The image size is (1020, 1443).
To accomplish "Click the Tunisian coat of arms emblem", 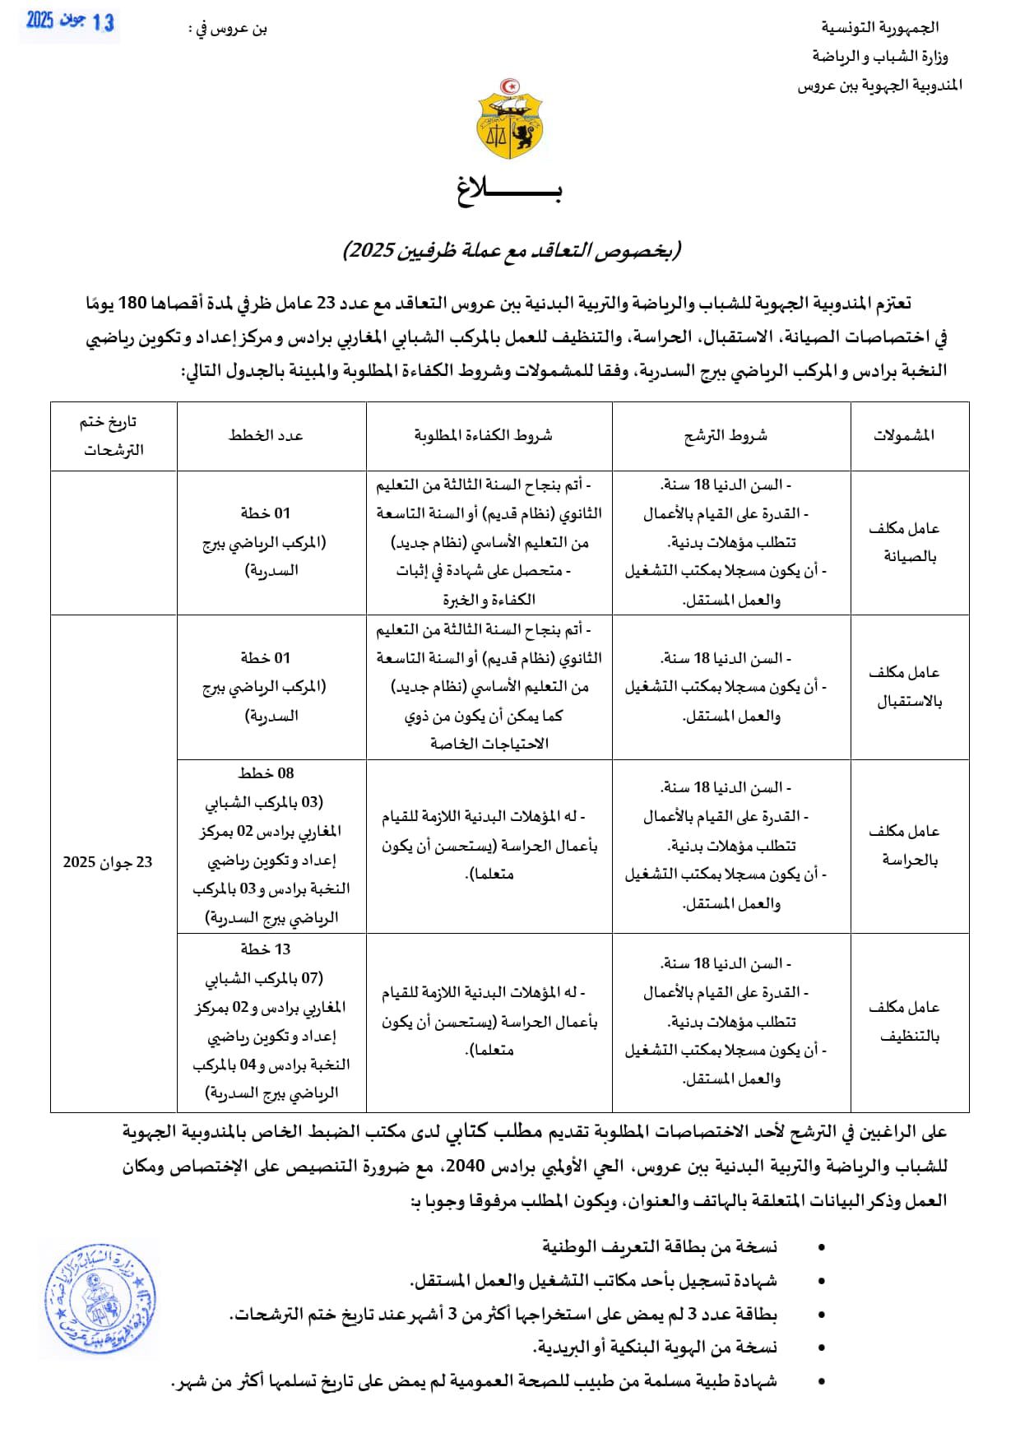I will pos(510,119).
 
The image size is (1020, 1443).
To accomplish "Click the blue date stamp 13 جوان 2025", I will pos(70,21).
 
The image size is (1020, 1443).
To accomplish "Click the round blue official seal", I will pos(100,1301).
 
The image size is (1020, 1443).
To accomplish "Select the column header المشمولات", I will pos(904,435).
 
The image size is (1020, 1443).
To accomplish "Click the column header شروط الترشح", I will pos(726,435).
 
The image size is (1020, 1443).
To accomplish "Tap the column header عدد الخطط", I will pos(266,435).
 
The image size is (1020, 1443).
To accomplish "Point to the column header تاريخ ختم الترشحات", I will pos(111,435).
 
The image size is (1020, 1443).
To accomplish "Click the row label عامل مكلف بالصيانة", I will pos(904,542).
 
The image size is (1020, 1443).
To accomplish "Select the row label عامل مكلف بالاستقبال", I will pos(904,687).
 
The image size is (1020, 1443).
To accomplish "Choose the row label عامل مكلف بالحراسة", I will pos(904,845).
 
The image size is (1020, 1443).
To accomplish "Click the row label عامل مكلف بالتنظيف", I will pos(904,1021).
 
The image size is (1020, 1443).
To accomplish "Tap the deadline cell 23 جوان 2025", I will pos(108,862).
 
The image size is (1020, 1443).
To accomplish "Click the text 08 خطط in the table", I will pos(266,773).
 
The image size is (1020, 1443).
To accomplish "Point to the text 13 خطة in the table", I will pos(266,949).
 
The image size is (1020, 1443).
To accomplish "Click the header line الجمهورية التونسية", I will pos(879,27).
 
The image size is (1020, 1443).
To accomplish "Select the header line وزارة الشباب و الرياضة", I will pos(879,56).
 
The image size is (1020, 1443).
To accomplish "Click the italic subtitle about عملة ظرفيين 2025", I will pos(512,250).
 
